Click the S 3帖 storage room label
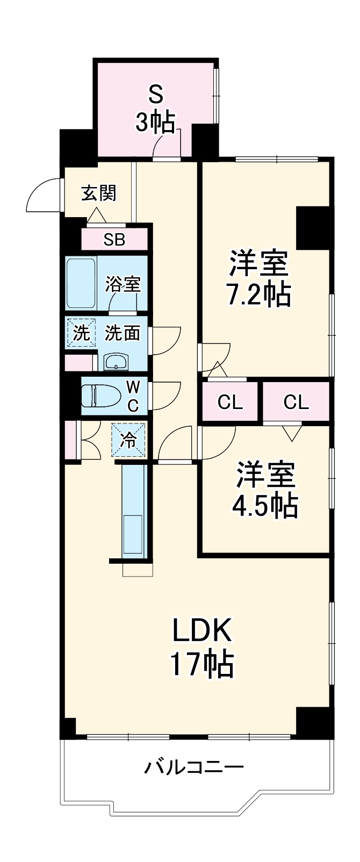point(155,110)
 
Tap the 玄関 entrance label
point(98,192)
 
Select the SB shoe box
point(114,239)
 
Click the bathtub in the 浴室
point(81,283)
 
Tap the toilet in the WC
point(99,396)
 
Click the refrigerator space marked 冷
point(129,440)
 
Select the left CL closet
point(230,401)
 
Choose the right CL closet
point(296,401)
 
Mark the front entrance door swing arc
point(42,195)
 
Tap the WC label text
point(133,396)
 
